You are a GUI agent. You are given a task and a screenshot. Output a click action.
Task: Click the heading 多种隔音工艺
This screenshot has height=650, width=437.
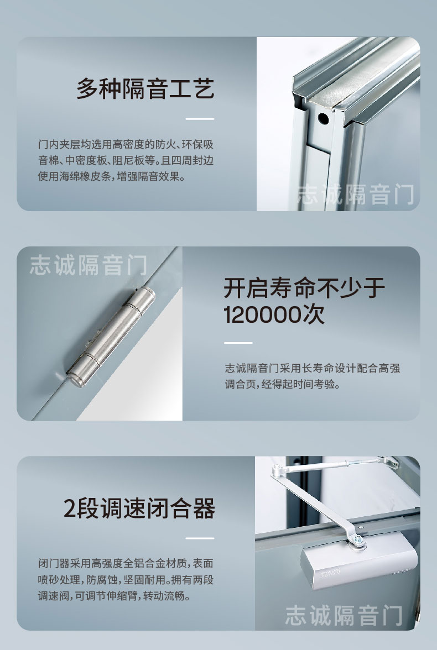[145, 88]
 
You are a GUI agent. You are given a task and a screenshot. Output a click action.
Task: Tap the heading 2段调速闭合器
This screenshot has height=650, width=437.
[139, 509]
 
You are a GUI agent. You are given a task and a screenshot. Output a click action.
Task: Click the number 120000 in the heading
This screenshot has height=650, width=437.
[263, 314]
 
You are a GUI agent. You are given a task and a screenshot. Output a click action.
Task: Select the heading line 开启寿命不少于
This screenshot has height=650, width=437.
[304, 288]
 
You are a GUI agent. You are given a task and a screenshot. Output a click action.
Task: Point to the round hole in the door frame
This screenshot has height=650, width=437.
[323, 119]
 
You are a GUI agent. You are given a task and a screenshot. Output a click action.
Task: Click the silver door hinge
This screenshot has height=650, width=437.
[111, 337]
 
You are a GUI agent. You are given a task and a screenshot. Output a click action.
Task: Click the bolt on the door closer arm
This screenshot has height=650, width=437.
[357, 539]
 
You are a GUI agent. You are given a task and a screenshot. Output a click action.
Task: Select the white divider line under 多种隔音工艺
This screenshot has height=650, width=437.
[200, 119]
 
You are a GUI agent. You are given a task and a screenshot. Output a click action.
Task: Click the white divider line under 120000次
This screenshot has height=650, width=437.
[238, 343]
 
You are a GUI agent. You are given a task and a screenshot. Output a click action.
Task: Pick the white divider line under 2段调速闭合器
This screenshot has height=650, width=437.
[200, 538]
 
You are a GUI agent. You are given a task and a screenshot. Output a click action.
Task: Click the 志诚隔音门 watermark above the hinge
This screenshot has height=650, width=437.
[89, 265]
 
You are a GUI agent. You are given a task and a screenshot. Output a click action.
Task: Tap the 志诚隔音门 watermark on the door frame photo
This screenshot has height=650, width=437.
[356, 195]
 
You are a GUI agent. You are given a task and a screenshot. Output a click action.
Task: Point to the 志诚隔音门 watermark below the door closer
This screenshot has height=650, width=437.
[344, 615]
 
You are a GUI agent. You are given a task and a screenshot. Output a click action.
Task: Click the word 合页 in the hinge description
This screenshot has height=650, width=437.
[247, 384]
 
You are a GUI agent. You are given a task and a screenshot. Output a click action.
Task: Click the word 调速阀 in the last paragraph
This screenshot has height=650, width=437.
[54, 596]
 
